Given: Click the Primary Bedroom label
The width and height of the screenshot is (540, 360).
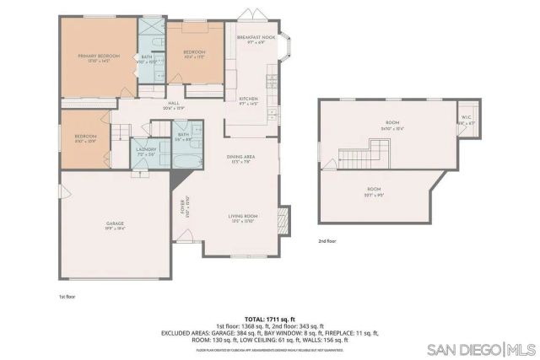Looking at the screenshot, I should [99, 57].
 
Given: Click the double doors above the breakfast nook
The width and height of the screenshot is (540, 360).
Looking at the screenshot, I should [251, 16].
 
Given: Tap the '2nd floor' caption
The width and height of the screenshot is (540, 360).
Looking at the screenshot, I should [327, 240].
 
